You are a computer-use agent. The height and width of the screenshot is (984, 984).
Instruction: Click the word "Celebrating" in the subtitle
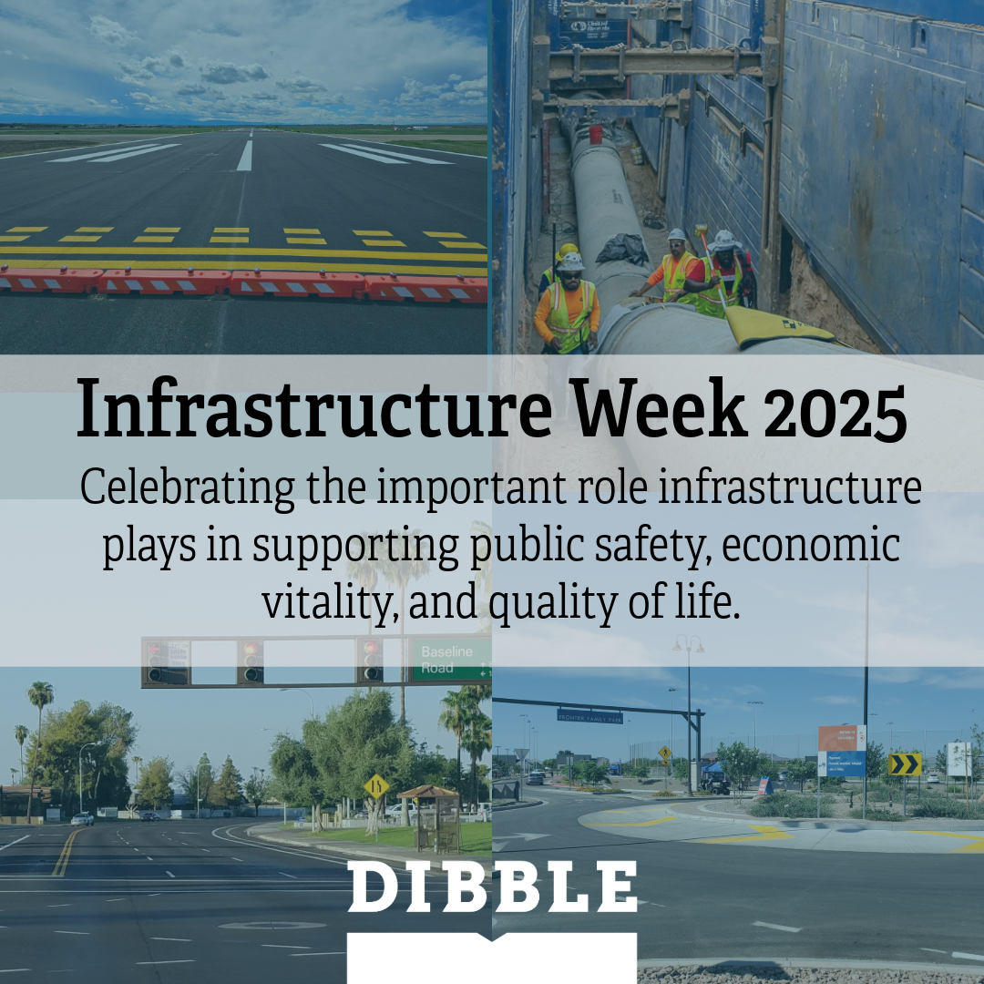187,489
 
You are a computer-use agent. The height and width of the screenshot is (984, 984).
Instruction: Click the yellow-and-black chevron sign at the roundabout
905,764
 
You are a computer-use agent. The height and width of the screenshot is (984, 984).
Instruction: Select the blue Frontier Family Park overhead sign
589,716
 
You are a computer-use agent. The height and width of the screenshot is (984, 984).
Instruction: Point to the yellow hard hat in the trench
568,250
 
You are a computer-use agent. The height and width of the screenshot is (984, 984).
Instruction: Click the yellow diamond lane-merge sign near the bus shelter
376,785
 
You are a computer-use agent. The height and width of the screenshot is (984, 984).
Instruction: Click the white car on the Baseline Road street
82,818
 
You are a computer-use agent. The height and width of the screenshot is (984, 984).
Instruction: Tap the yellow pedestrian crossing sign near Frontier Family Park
665,754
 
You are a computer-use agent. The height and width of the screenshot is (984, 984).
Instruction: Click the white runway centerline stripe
244,155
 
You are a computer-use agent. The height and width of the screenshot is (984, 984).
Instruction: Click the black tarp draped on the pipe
622,247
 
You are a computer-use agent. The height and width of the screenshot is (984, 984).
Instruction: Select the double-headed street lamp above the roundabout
688,646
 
